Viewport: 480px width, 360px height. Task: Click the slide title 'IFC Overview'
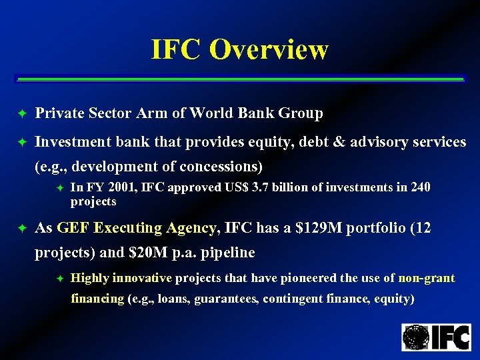239,49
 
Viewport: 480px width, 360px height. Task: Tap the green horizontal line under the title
239,79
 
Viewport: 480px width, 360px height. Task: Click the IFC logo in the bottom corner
436,337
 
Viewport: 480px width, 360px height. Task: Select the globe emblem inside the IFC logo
416,337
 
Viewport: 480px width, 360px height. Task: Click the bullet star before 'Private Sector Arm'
21,114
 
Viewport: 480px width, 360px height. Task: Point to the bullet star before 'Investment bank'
21,142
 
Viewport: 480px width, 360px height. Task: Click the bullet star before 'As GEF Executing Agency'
21,229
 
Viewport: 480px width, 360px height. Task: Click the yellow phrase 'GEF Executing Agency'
137,228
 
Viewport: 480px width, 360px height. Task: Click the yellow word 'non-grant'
426,278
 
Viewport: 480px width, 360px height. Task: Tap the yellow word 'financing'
97,299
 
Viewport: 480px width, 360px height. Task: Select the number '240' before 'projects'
420,188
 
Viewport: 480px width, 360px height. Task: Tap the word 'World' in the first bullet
212,113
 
